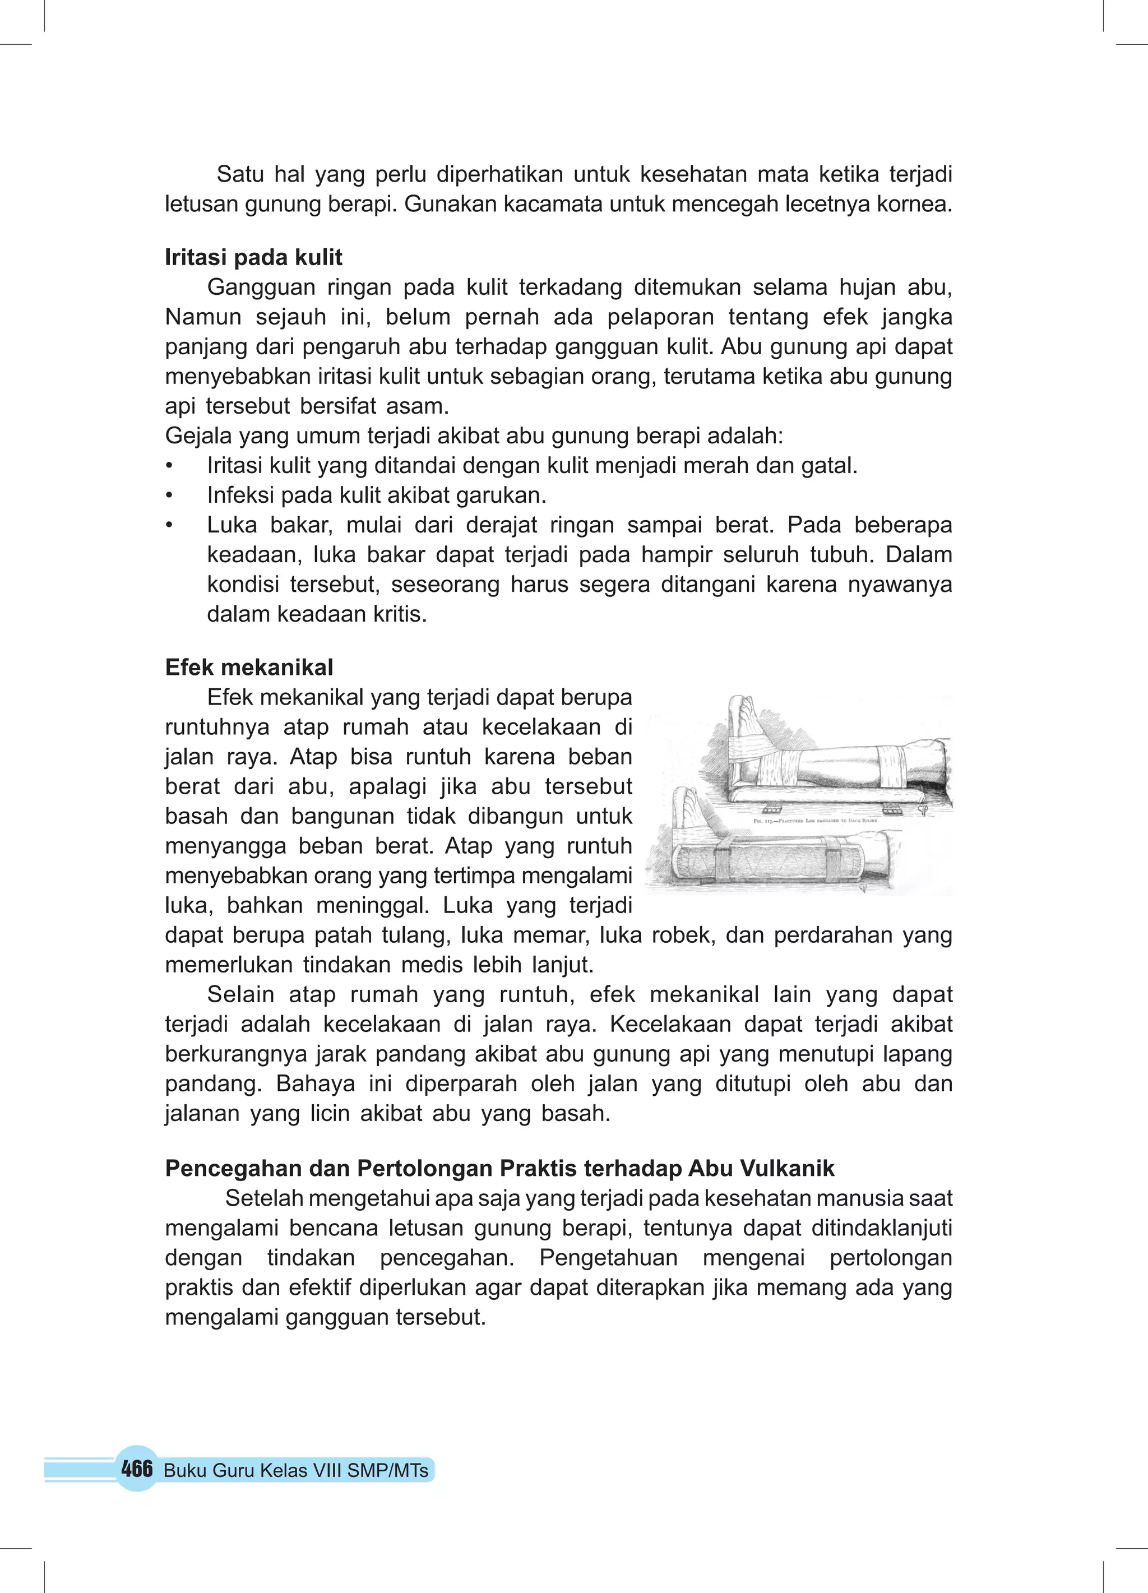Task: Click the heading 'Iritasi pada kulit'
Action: pos(253,258)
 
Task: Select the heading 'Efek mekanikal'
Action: pos(249,667)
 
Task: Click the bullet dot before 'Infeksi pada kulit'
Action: pos(169,496)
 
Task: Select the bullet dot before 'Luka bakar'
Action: pos(169,525)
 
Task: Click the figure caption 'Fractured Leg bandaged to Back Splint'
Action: pos(815,821)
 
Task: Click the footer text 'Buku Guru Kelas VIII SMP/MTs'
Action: pos(296,1471)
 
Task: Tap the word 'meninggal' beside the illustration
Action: pos(372,905)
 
